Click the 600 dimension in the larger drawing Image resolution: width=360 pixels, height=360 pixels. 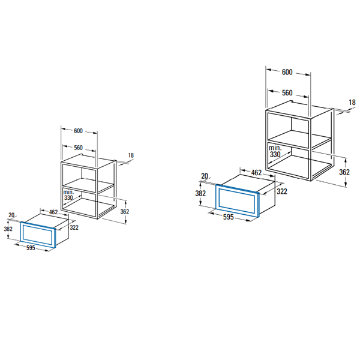point(287,72)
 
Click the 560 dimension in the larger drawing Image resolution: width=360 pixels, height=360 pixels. point(287,93)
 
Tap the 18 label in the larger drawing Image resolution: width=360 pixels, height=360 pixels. point(352,103)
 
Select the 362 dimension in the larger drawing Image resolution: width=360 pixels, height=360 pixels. point(344,172)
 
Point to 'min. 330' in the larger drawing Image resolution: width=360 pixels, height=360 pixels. point(275,151)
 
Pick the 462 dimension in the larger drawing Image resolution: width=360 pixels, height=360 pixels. point(256,172)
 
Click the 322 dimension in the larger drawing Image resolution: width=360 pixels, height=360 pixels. point(282,191)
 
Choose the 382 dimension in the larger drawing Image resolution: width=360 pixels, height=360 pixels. point(200,193)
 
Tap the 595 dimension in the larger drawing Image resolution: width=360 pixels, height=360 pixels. point(228,217)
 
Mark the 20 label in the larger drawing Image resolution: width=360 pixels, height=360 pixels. point(205,176)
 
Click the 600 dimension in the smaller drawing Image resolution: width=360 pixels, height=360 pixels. point(78,131)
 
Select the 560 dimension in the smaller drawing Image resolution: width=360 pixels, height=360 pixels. point(78,148)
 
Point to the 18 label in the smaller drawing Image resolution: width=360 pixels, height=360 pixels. point(131,155)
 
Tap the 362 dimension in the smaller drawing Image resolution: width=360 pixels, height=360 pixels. point(125,211)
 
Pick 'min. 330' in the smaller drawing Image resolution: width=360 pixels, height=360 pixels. point(68,195)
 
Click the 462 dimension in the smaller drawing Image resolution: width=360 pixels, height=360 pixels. point(53,212)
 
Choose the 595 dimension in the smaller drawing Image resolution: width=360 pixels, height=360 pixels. point(31,248)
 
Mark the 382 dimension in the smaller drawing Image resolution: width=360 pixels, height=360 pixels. point(8,229)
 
